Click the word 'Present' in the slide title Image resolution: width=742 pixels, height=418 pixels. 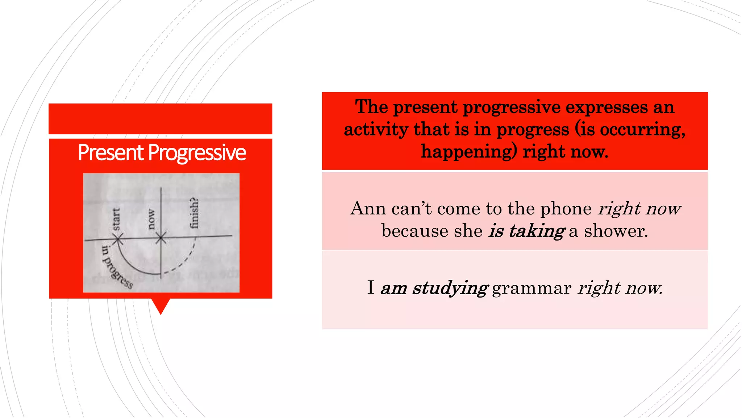coord(111,152)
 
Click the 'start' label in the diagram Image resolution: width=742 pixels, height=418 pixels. coord(116,219)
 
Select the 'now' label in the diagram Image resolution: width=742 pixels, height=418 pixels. coord(151,219)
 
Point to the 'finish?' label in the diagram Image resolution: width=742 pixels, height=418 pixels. coord(195,213)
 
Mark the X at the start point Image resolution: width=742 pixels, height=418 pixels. coord(118,239)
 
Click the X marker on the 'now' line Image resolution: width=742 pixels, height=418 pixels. coord(161,238)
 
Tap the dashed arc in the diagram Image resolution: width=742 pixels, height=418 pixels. coord(185,259)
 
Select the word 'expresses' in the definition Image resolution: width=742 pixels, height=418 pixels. coord(606,107)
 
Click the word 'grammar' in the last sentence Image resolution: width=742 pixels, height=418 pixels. coord(532,288)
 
